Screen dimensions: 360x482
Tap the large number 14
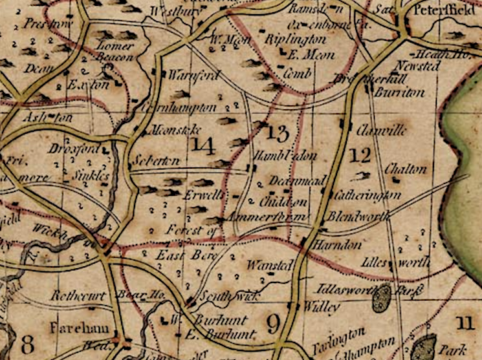pos(203,146)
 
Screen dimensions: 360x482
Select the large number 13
pos(276,134)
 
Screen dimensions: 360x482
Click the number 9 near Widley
pos(272,321)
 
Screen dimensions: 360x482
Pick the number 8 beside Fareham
pos(27,343)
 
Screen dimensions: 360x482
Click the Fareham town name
pos(78,324)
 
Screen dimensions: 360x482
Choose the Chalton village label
pos(406,169)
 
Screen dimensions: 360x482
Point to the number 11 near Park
pos(465,321)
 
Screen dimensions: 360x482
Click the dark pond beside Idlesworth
pos(382,298)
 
